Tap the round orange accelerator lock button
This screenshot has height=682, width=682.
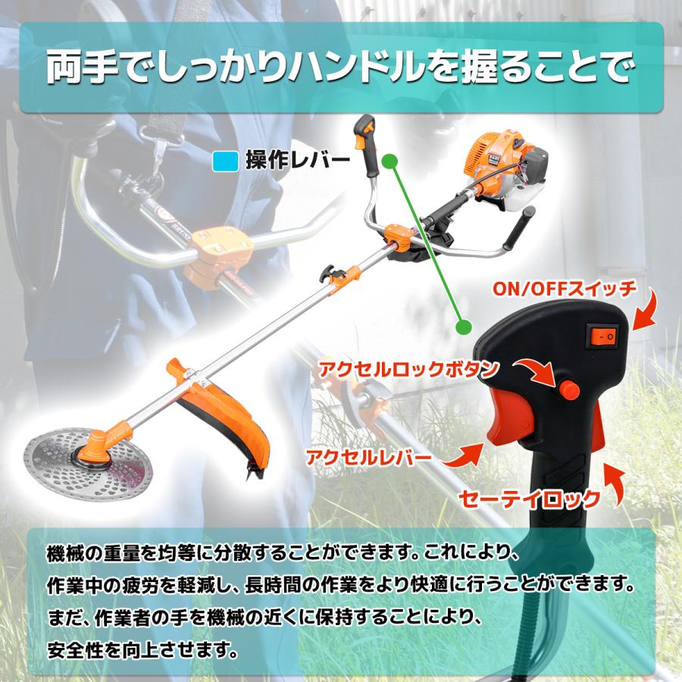point(569,390)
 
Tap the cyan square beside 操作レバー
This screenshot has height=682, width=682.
point(226,161)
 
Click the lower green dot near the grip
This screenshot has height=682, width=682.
point(461,327)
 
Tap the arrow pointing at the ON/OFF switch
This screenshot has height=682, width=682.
point(646,312)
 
